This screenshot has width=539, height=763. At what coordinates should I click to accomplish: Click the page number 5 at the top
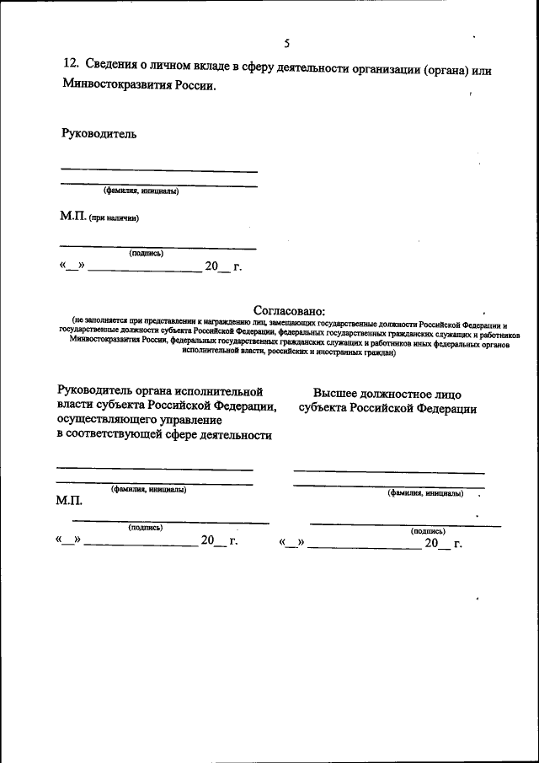[x=287, y=43]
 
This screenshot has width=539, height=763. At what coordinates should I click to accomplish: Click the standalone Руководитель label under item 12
[x=99, y=132]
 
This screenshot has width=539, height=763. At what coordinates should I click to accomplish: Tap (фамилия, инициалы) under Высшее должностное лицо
[x=425, y=492]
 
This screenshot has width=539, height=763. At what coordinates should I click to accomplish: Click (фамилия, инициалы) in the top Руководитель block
[x=141, y=191]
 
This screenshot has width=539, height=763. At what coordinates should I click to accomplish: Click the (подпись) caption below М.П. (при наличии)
[x=146, y=253]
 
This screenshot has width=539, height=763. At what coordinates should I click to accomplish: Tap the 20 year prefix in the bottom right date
[x=431, y=544]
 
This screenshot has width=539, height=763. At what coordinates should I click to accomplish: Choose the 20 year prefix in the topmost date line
[x=211, y=267]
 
